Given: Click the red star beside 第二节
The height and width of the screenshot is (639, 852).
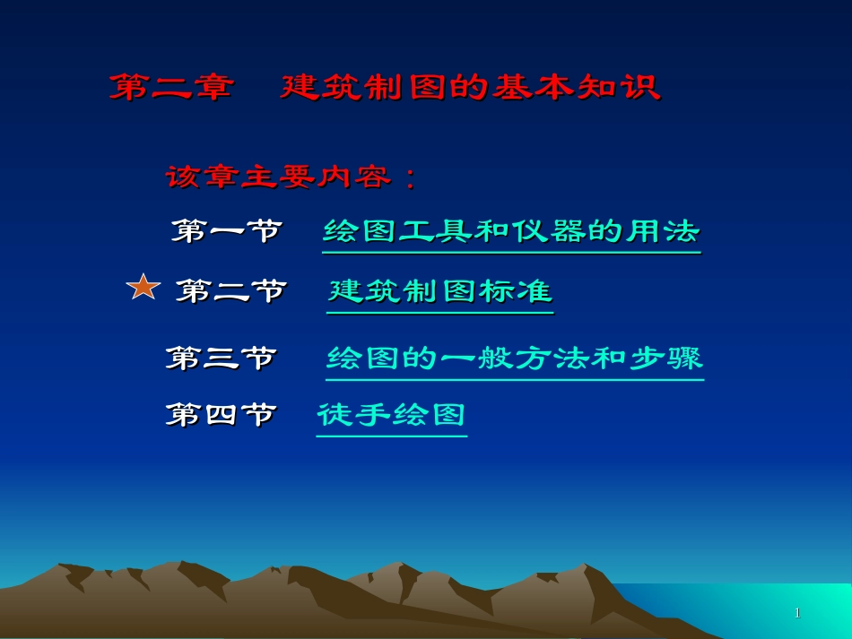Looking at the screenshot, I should [x=143, y=288].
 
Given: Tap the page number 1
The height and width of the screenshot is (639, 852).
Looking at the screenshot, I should [x=797, y=613].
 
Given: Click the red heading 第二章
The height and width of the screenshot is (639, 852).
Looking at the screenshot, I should [x=171, y=88].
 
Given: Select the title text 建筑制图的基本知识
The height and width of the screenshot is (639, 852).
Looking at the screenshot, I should [x=470, y=88].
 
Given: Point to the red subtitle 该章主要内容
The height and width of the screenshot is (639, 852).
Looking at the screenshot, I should [x=278, y=177].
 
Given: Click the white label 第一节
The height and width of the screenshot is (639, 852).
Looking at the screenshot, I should [x=227, y=231].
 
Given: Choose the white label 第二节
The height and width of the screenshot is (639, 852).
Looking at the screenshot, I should [x=230, y=291].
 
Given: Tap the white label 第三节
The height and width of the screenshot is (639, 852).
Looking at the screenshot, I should [x=221, y=358].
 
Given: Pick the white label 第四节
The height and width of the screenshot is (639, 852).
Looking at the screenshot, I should [x=221, y=415].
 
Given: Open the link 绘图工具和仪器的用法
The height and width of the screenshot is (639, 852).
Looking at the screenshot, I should [x=511, y=231].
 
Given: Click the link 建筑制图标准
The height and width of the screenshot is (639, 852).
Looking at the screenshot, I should [x=440, y=291].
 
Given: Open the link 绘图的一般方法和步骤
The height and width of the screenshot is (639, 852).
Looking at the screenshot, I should [x=515, y=358].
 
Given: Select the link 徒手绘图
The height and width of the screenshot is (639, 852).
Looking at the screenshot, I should [x=392, y=415].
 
